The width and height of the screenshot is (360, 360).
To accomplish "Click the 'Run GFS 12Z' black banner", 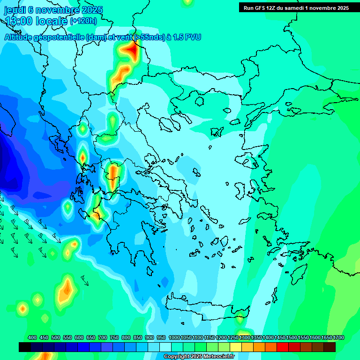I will coord(296,7).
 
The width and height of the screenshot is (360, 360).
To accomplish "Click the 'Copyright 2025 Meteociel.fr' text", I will coord(198,357).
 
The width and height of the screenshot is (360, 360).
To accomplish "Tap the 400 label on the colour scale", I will coord(32,338).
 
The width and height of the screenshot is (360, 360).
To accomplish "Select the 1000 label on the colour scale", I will coord(174,338).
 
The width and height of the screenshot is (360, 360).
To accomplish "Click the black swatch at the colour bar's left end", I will coord(25,347).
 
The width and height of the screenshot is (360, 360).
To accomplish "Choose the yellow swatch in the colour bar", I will coord(236,347).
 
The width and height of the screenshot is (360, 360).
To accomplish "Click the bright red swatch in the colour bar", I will coord(283,347).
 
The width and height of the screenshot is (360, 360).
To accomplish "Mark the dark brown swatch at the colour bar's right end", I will coord(330,347).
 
